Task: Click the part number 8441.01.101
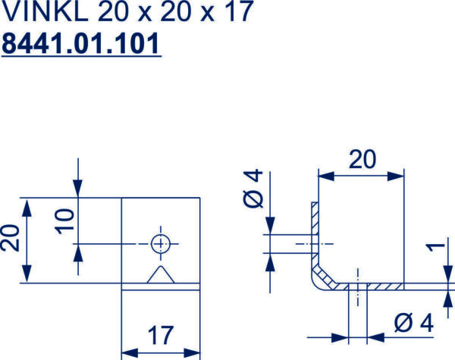(81, 43)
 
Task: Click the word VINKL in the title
(45, 11)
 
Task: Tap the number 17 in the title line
(239, 11)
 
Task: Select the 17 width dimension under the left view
(161, 335)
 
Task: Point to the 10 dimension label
(64, 221)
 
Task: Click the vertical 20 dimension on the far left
(10, 238)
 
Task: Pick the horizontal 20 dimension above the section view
(362, 159)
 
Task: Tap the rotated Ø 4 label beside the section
(253, 189)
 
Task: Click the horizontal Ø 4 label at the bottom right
(414, 322)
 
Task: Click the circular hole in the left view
(161, 244)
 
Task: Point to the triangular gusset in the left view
(161, 274)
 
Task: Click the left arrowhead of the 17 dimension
(130, 353)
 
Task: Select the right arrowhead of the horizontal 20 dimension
(396, 176)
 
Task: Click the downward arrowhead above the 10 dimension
(78, 189)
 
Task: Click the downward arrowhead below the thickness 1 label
(448, 275)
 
